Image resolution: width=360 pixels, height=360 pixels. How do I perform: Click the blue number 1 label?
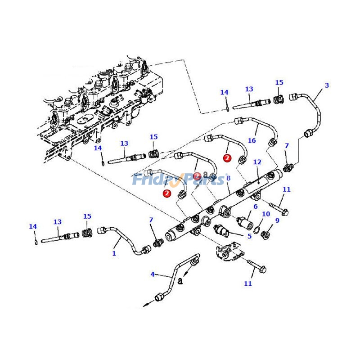[114, 253]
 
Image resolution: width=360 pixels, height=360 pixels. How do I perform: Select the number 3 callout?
[327, 85]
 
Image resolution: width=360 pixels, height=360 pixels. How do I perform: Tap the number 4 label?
[152, 274]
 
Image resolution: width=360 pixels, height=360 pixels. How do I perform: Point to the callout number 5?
[249, 235]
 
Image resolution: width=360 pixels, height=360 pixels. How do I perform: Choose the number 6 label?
[256, 207]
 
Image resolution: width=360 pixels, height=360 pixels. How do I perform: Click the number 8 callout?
[229, 179]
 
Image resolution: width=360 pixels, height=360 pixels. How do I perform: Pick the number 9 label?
[277, 220]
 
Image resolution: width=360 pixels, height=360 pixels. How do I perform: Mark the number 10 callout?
[266, 214]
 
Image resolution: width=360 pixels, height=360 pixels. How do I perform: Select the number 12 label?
[257, 162]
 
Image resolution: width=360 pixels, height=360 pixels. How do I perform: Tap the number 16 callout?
[252, 141]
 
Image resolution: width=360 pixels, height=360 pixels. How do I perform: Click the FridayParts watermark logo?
[178, 180]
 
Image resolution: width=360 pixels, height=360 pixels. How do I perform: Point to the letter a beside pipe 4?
[180, 281]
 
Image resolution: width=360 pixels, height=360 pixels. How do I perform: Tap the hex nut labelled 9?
[265, 234]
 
